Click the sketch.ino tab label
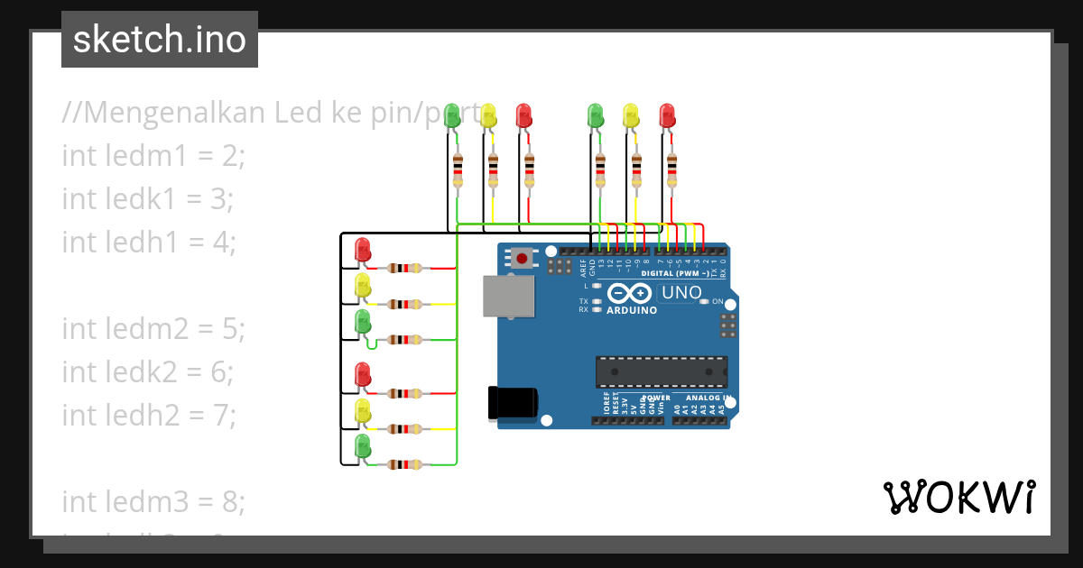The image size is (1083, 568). click(x=160, y=40)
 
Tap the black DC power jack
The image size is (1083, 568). click(x=512, y=402)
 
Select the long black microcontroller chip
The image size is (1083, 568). click(x=661, y=371)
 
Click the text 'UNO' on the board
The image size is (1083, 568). click(x=681, y=293)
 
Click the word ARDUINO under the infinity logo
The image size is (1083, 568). click(x=632, y=310)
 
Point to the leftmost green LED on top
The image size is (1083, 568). click(x=452, y=115)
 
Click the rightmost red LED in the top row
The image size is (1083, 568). click(x=667, y=115)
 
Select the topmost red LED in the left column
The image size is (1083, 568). click(x=363, y=250)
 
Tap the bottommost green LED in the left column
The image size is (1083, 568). click(x=363, y=446)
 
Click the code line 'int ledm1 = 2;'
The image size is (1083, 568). click(x=153, y=156)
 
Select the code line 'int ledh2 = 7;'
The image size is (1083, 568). click(x=149, y=415)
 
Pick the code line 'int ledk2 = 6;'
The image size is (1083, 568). click(x=148, y=371)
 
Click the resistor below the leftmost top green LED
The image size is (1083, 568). click(x=458, y=170)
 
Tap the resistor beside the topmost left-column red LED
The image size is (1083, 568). click(x=404, y=268)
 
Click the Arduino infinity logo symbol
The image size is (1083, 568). click(x=629, y=294)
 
